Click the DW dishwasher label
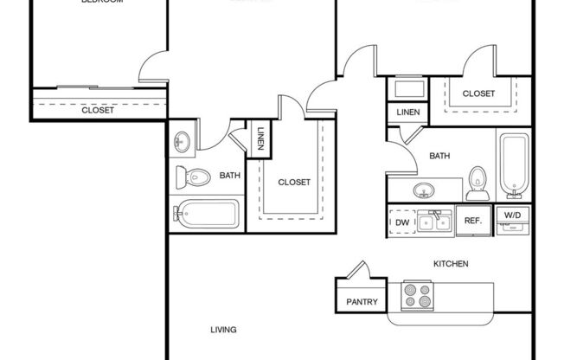pos(402,222)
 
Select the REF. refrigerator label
pos(472,222)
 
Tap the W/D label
pos(512,215)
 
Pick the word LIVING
pos(223,329)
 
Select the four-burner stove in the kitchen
pos(418,297)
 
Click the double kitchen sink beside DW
pos(435,222)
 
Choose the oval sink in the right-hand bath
pos(423,190)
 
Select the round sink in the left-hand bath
pos(183,141)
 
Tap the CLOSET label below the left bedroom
pos(98,110)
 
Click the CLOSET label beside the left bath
pos(294,183)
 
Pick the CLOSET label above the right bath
pos(478,93)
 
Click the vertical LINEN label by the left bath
pos(261,138)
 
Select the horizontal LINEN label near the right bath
pos(408,112)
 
